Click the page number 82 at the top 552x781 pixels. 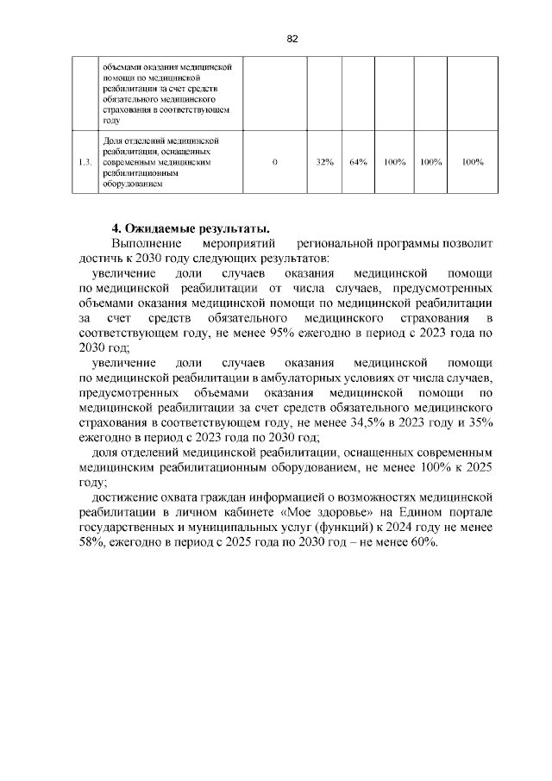pyautogui.click(x=292, y=40)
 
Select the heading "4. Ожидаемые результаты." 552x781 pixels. pyautogui.click(x=191, y=228)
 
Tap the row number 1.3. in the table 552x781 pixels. pyautogui.click(x=85, y=161)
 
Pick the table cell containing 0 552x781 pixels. pyautogui.click(x=273, y=161)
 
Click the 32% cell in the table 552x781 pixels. pyautogui.click(x=325, y=161)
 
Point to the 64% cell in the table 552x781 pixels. pyautogui.click(x=359, y=161)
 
